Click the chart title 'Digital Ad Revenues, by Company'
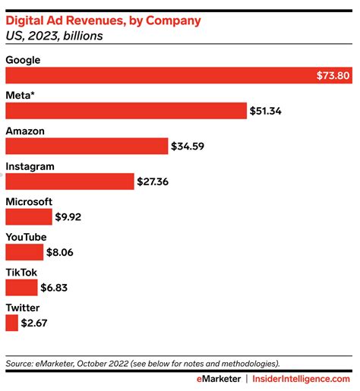pos(103,20)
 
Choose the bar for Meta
pos(126,111)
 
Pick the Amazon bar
pos(87,146)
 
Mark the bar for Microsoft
pos(29,216)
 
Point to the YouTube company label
pos(27,237)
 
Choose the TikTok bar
pos(21,288)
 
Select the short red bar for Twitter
pos(11,323)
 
